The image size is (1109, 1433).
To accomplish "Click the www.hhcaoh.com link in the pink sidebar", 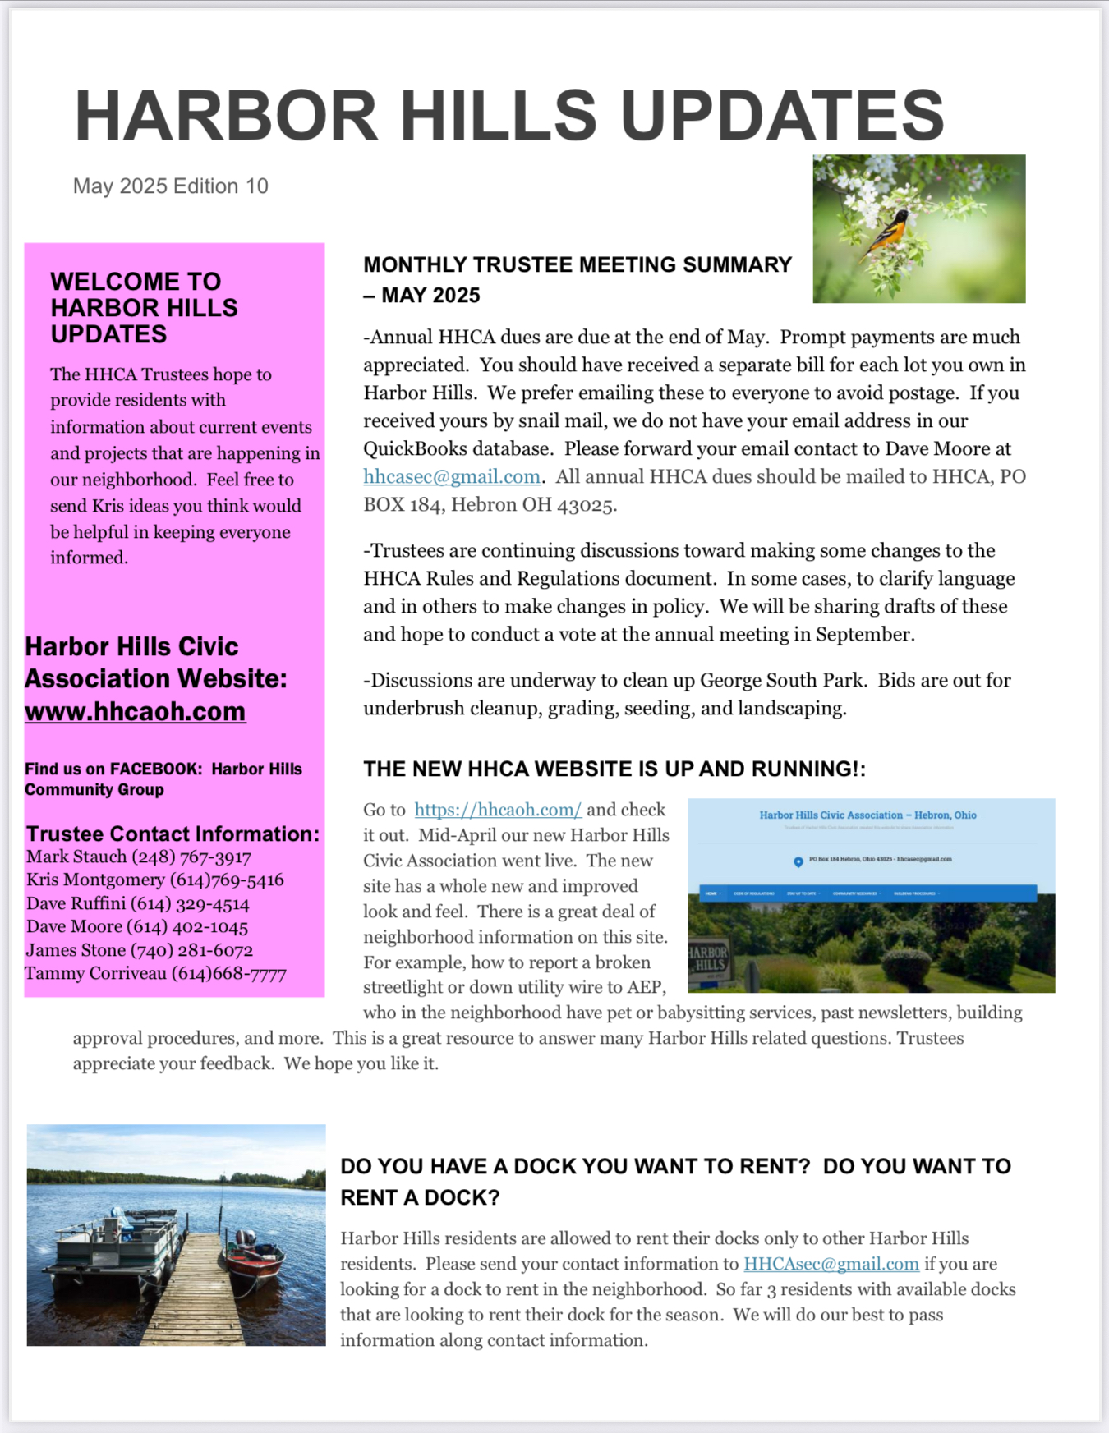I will tap(135, 711).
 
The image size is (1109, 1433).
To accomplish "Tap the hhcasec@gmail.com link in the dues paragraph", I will tap(452, 477).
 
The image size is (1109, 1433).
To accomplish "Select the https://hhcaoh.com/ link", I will tap(498, 810).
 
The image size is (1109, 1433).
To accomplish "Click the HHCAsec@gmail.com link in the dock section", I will tap(831, 1264).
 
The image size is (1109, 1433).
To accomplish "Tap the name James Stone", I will tap(73, 950).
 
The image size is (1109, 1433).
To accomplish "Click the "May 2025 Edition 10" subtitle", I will tap(171, 186).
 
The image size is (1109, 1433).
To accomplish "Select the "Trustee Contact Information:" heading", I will tap(173, 834).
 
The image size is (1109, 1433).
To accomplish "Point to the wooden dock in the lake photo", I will tap(197, 1289).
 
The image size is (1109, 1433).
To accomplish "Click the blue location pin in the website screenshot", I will tap(798, 861).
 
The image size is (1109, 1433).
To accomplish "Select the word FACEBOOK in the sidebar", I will tap(155, 769).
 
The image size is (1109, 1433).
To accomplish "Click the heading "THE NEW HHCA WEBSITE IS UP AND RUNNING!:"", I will tap(614, 769).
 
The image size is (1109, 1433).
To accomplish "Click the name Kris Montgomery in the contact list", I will tap(95, 880).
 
